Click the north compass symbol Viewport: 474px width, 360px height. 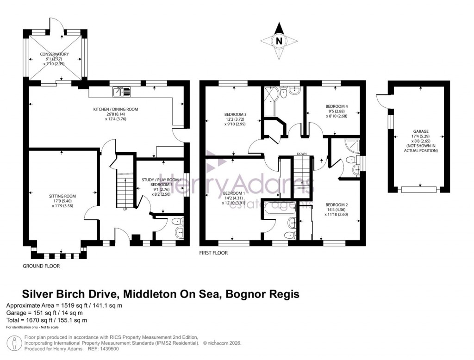pos(279,41)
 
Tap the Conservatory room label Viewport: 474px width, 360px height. pos(54,59)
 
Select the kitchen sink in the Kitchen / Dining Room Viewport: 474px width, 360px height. pos(121,92)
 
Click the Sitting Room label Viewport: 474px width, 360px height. pos(62,199)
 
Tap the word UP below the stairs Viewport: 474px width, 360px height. pos(125,209)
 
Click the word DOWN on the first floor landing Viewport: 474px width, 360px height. pos(302,154)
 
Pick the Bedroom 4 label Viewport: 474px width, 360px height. pos(337,111)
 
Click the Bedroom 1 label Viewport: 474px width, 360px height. pos(234,198)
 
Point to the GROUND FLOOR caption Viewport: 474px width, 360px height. pos(41,266)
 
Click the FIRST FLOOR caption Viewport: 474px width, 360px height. pos(214,253)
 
